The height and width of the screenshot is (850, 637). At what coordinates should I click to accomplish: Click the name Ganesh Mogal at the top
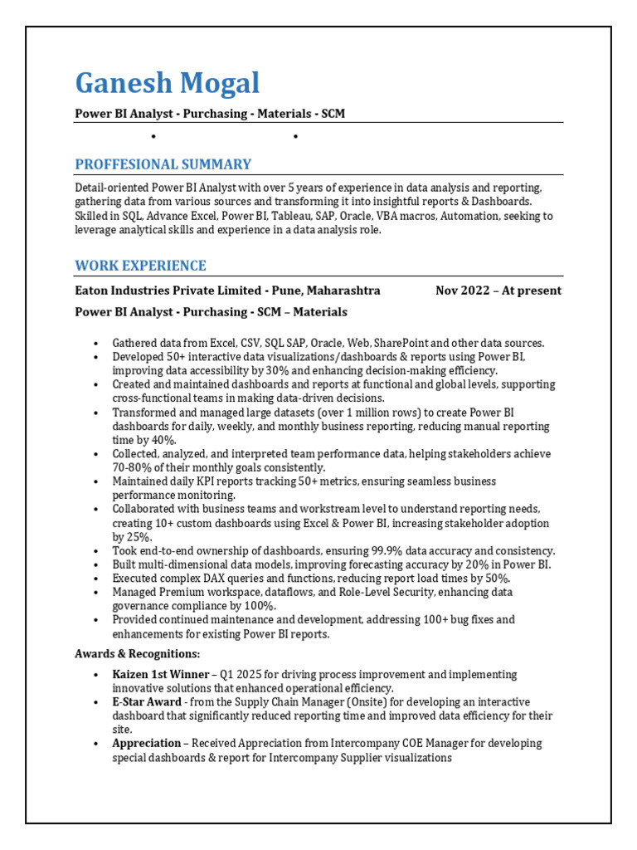pos(167,83)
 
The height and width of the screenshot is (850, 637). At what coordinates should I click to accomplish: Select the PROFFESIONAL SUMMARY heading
pos(163,164)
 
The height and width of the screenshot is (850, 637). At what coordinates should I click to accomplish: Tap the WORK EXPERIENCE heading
pos(140,266)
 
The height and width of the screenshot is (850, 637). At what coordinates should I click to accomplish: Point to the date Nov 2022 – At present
pos(498,291)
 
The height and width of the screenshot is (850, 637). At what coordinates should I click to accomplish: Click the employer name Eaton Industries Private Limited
pos(167,291)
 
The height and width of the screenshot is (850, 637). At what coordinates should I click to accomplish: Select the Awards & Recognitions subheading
pos(137,654)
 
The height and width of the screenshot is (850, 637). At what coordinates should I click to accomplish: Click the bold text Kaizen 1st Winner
pos(160,675)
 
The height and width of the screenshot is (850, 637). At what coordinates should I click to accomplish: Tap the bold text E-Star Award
pos(148,702)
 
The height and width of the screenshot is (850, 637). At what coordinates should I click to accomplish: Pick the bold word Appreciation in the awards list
pos(146,743)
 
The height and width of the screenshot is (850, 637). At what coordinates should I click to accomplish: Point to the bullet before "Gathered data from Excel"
pos(96,343)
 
